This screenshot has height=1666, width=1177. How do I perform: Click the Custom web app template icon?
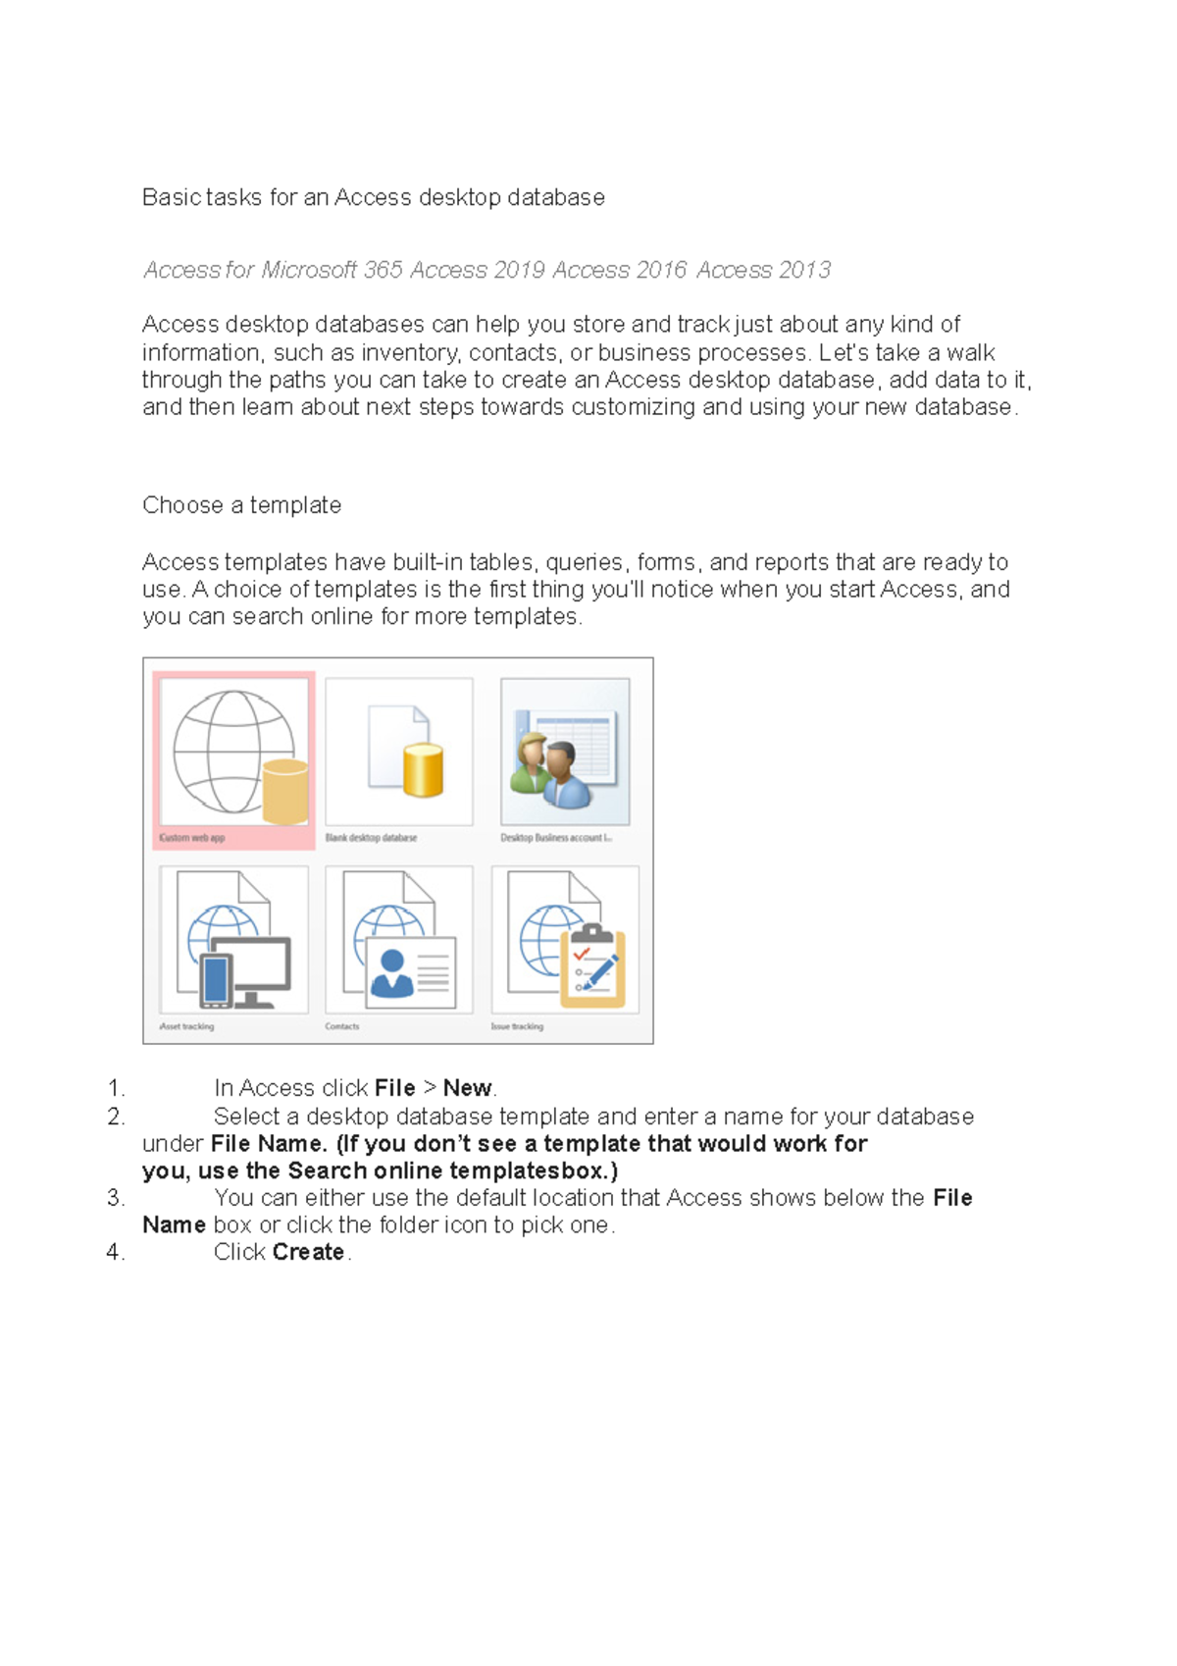[233, 753]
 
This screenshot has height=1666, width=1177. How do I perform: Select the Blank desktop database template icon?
[399, 752]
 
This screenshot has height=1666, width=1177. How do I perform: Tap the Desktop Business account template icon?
[565, 752]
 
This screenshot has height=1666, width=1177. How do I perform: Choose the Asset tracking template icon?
[233, 940]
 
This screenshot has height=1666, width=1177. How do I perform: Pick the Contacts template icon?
[399, 940]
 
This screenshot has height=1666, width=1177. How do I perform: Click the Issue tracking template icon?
[565, 940]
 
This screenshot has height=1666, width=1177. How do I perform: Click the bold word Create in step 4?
[308, 1252]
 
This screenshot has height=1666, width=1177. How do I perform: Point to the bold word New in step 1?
[467, 1088]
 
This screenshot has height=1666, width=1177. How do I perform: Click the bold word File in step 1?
[394, 1088]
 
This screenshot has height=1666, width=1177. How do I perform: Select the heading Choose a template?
[241, 505]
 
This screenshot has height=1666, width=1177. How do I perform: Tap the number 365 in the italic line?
[383, 270]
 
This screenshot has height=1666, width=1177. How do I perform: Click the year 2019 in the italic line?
[519, 270]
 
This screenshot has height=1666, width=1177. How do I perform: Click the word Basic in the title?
[172, 197]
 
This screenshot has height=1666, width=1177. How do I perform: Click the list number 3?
[115, 1198]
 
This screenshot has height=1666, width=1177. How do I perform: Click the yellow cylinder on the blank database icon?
[423, 769]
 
